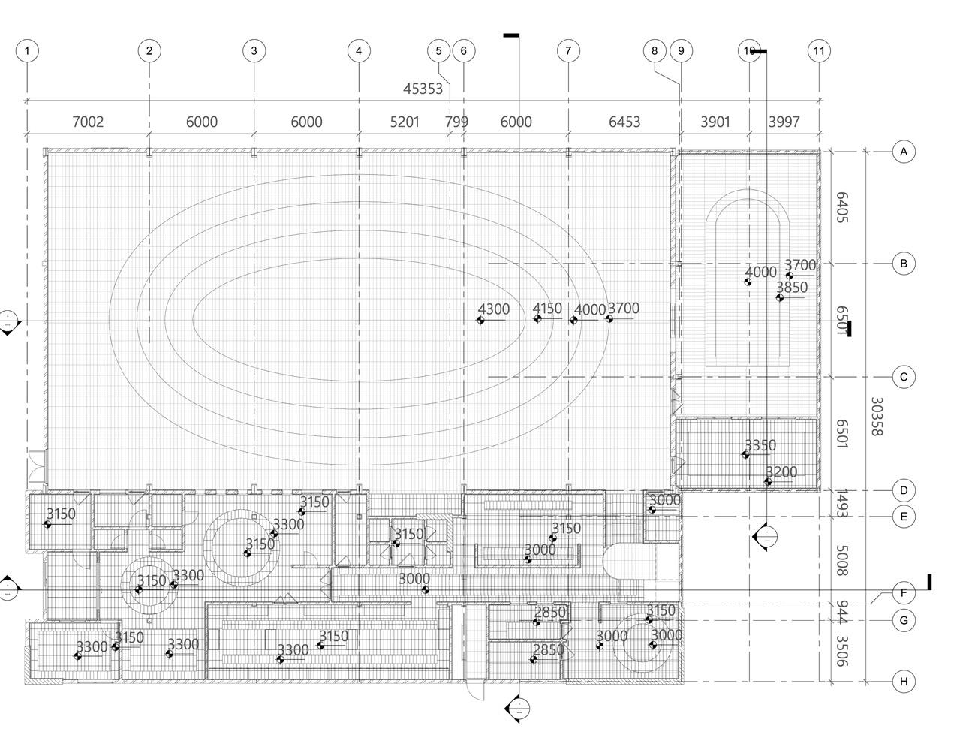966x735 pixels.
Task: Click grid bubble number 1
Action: click(27, 51)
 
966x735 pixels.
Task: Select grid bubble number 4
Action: click(359, 51)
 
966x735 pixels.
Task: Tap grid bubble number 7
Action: click(568, 51)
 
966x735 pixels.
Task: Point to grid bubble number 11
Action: click(819, 51)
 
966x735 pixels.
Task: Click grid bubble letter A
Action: click(904, 152)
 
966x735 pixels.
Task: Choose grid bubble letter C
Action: click(904, 377)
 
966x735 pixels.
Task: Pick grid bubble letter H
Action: click(904, 682)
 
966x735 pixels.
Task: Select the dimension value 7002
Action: click(88, 122)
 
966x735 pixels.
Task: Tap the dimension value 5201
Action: click(405, 122)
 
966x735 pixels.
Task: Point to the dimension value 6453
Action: click(624, 122)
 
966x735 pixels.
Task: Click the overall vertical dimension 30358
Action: click(876, 417)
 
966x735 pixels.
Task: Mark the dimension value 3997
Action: click(784, 122)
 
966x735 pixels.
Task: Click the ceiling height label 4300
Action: click(493, 309)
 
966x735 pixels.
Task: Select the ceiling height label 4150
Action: click(547, 309)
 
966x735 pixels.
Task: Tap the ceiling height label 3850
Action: click(792, 288)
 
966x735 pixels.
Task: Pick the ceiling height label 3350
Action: click(760, 445)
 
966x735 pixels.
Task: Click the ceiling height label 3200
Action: click(781, 472)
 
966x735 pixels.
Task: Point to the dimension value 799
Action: click(456, 122)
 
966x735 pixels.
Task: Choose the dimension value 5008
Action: click(841, 561)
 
